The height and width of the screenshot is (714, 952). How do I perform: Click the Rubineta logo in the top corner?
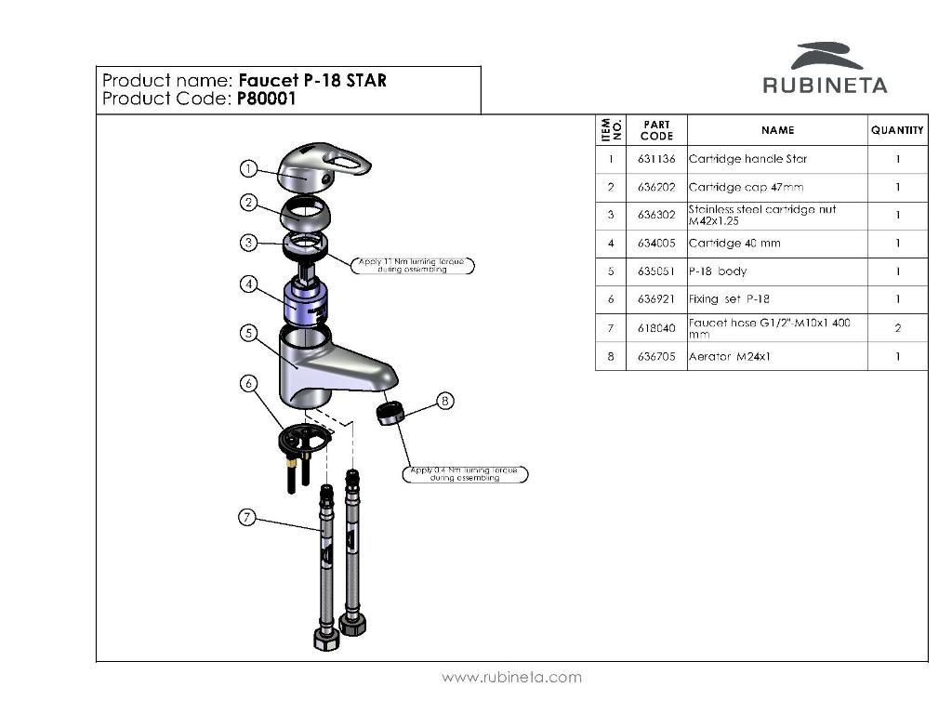pyautogui.click(x=825, y=69)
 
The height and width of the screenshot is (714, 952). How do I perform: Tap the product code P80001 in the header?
pyautogui.click(x=266, y=99)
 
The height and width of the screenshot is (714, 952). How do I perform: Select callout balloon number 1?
pyautogui.click(x=248, y=168)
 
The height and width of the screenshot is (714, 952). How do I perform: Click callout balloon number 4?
pyautogui.click(x=248, y=284)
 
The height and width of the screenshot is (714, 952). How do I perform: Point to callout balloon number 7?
pyautogui.click(x=247, y=518)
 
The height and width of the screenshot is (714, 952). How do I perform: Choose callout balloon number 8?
pyautogui.click(x=445, y=401)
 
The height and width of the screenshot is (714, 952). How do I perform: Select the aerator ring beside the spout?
pyautogui.click(x=391, y=411)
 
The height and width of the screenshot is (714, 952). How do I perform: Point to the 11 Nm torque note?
pyautogui.click(x=416, y=265)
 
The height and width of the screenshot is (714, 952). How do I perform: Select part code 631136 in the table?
pyautogui.click(x=656, y=159)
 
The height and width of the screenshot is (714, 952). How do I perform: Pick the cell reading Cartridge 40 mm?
pyautogui.click(x=734, y=244)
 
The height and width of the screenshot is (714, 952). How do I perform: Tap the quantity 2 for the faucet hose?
pyautogui.click(x=898, y=328)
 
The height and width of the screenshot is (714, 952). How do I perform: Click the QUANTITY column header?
pyautogui.click(x=897, y=130)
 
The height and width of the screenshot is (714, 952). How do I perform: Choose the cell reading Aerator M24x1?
pyautogui.click(x=731, y=356)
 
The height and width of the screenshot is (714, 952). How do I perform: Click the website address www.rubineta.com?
pyautogui.click(x=511, y=678)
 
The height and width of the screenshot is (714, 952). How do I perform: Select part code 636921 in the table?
pyautogui.click(x=656, y=299)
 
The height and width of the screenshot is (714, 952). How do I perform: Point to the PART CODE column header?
pyautogui.click(x=656, y=130)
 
